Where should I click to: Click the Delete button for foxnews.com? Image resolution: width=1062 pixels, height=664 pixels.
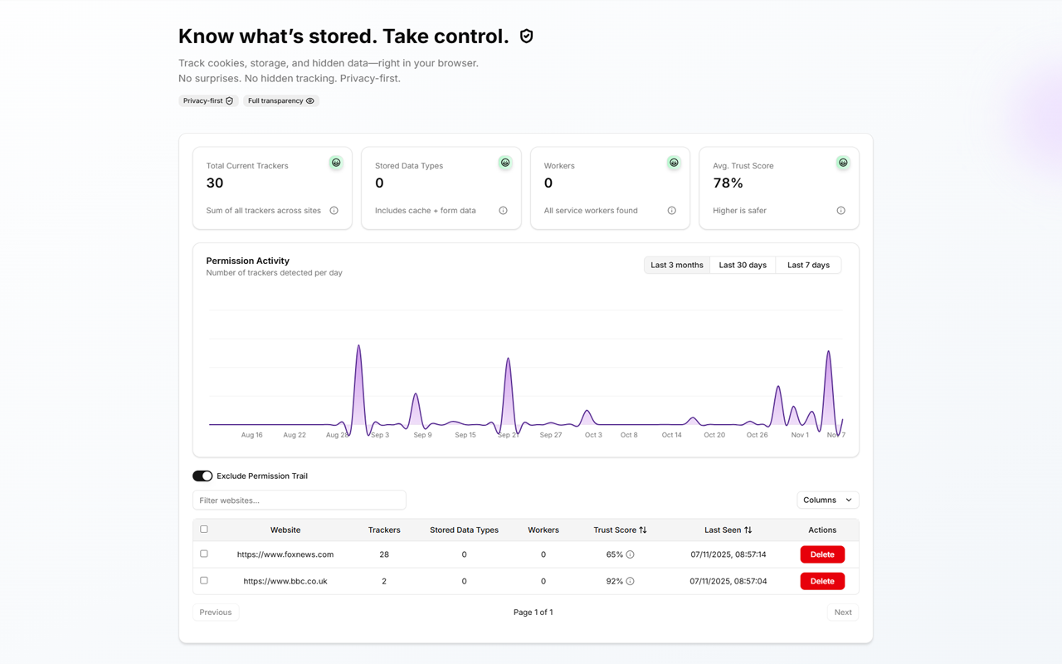[x=821, y=554]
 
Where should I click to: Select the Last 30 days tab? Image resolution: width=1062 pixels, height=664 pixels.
[x=743, y=265]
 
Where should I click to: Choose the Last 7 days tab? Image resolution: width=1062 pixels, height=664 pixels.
[x=808, y=265]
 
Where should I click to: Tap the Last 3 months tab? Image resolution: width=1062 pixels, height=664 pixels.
[x=676, y=265]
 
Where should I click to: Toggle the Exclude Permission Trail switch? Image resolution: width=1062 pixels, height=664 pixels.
[x=202, y=476]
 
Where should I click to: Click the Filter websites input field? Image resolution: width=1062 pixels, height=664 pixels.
[x=299, y=500]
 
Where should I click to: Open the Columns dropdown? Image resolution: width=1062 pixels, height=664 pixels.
[x=827, y=500]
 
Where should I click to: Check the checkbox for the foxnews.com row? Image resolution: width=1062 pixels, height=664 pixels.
[x=204, y=554]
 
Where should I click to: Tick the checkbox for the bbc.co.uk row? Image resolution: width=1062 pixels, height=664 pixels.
[x=204, y=580]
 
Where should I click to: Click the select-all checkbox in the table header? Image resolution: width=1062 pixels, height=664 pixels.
[x=204, y=529]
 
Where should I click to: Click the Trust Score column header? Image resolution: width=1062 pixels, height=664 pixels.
[x=620, y=530]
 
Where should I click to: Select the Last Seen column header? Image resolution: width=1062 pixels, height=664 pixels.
[x=728, y=530]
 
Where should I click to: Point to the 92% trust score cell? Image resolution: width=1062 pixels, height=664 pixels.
[x=615, y=581]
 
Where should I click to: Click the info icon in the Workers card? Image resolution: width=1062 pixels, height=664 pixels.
[x=671, y=211]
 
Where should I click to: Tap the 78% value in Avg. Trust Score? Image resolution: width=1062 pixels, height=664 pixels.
[x=728, y=183]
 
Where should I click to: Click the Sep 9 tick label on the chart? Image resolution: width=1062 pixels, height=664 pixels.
[x=422, y=435]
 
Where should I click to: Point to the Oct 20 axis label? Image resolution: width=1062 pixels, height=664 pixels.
[x=714, y=435]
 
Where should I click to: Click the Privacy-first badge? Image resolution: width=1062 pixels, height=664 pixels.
[x=207, y=100]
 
